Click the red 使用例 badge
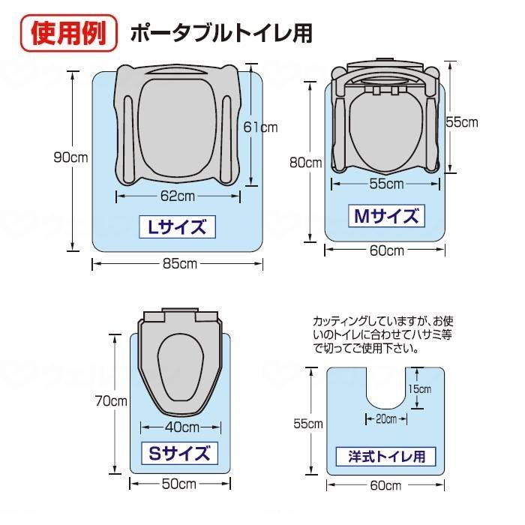point(68,32)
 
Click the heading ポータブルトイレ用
point(221,33)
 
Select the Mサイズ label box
point(385,217)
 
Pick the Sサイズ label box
point(178,454)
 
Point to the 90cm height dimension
point(71,157)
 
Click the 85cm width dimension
point(178,263)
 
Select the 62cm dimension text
point(178,196)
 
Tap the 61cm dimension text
point(260,127)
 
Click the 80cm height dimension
point(306,162)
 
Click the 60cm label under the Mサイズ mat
point(385,250)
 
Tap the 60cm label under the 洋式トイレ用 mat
point(385,484)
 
